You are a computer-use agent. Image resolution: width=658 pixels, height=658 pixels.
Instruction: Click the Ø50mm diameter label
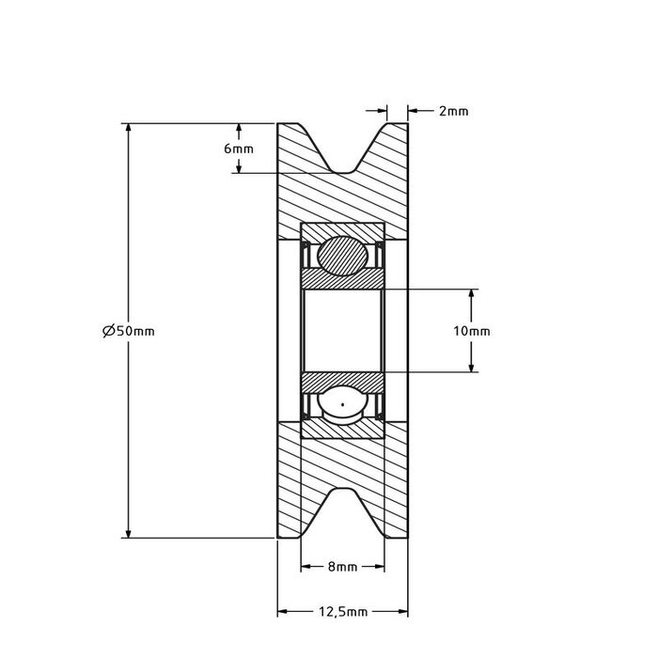point(129,331)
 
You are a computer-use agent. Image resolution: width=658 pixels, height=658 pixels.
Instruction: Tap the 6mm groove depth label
point(239,149)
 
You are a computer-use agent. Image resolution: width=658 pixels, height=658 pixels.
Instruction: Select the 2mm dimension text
point(454,111)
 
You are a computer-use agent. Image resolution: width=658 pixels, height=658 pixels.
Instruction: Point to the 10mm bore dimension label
point(471,331)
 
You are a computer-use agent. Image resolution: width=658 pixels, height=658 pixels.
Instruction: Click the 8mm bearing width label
point(342,567)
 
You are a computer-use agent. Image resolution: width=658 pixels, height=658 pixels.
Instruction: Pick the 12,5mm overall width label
point(343,612)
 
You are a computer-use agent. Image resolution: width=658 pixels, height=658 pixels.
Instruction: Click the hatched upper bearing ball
point(343,256)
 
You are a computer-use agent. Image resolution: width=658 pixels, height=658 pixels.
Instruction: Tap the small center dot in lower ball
point(343,404)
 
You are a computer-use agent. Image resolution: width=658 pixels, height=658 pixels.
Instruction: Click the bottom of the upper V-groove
point(343,172)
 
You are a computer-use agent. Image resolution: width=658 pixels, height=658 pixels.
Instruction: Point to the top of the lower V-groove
point(343,490)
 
